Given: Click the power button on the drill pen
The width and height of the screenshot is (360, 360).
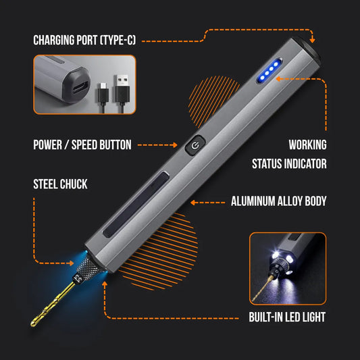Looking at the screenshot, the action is tap(195, 145).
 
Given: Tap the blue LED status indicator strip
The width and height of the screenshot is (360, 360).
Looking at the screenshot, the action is tap(269, 71).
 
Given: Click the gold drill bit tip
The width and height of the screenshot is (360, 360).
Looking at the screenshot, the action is tap(32, 324).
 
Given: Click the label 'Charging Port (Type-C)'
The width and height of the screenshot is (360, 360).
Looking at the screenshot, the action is tap(84, 40).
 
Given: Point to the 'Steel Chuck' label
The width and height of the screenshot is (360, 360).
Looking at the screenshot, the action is tap(60, 184).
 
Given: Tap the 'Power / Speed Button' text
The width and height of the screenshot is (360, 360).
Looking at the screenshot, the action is tap(82, 145).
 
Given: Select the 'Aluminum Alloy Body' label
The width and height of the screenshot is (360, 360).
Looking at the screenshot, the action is tap(278, 201).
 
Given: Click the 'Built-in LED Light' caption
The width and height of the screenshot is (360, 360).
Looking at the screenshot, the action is tap(287, 317).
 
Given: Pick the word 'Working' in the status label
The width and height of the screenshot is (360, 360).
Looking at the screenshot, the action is tap(307, 145).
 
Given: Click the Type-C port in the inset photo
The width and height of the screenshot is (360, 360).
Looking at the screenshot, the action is tap(80, 88).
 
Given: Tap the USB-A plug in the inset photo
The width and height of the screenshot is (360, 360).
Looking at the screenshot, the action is tap(122, 86).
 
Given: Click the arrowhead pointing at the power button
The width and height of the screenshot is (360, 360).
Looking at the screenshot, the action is tap(175, 145).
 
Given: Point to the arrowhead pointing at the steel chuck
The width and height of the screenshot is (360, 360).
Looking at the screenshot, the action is tap(72, 263).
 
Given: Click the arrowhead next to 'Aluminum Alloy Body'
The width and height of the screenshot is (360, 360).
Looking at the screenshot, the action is tap(193, 203).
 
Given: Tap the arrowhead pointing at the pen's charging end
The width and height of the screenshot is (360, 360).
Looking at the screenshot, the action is tap(312, 40).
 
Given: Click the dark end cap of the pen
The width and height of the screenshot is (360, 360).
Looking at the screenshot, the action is tap(307, 49).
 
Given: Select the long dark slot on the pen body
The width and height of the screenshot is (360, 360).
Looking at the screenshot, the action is tap(136, 205).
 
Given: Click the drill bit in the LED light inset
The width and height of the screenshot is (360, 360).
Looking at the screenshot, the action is tap(263, 288).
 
